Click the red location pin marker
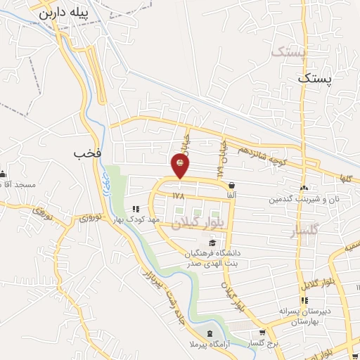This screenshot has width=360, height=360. pyautogui.click(x=181, y=165)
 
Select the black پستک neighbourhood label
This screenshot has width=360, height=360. pyautogui.click(x=313, y=79)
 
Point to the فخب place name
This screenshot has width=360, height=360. pyautogui.click(x=84, y=153)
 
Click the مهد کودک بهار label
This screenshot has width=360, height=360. pyautogui.click(x=163, y=219)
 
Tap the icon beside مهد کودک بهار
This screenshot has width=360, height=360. pyautogui.click(x=136, y=208)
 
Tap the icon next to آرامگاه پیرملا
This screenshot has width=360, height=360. pyautogui.click(x=209, y=332)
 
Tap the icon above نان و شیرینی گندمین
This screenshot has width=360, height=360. pyautogui.click(x=303, y=188)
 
